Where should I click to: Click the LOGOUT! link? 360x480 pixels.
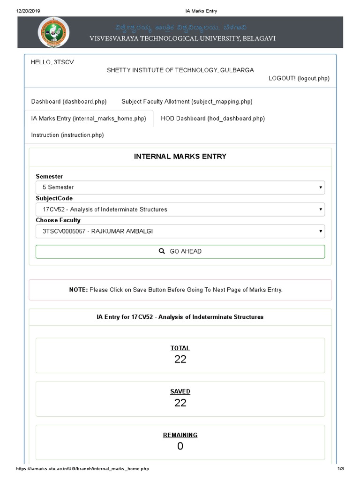tap(299, 78)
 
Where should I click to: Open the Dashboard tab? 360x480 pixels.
tap(69, 101)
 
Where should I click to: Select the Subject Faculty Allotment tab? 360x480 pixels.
tap(187, 101)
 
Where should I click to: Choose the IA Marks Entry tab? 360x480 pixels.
tap(89, 119)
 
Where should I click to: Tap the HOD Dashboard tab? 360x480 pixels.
tap(213, 119)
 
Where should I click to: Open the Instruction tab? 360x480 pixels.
tap(67, 135)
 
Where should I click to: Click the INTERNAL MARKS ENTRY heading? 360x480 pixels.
tap(180, 157)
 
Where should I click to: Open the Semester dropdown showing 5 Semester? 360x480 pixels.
tap(180, 187)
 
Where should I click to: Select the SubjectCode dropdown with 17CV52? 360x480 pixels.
tap(180, 209)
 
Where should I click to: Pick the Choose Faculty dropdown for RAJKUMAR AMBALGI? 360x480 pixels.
tap(180, 231)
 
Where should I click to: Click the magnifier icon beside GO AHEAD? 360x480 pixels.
tap(162, 251)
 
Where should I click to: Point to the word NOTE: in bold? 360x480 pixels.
tap(78, 290)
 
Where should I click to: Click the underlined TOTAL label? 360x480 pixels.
tap(180, 348)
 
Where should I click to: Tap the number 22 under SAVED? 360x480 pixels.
tap(180, 403)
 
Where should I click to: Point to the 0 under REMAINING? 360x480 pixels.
tap(180, 446)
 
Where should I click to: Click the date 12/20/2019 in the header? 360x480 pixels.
tap(27, 11)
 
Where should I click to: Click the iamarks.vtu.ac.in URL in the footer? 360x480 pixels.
tap(82, 469)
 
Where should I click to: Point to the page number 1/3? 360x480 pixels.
tap(341, 469)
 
